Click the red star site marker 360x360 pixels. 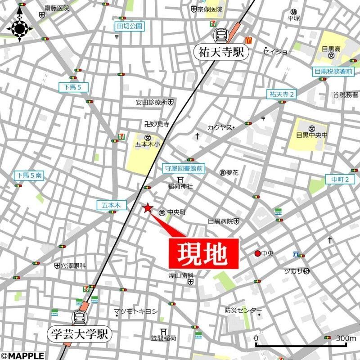point(147,207)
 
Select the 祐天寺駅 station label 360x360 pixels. point(221,52)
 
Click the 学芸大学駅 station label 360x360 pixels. point(80,334)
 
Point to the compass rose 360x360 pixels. point(20,29)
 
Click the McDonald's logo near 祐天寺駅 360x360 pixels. point(247,40)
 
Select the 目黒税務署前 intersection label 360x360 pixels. point(333,71)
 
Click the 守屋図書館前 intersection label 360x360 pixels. point(183,168)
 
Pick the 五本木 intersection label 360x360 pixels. point(109,205)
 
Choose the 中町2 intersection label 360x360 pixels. point(343,180)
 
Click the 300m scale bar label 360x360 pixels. point(345,338)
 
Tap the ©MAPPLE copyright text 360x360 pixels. point(22,355)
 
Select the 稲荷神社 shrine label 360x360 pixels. point(180,186)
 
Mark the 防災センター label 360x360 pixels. point(243,310)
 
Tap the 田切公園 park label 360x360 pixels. point(130,27)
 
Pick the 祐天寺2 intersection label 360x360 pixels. point(281,94)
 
